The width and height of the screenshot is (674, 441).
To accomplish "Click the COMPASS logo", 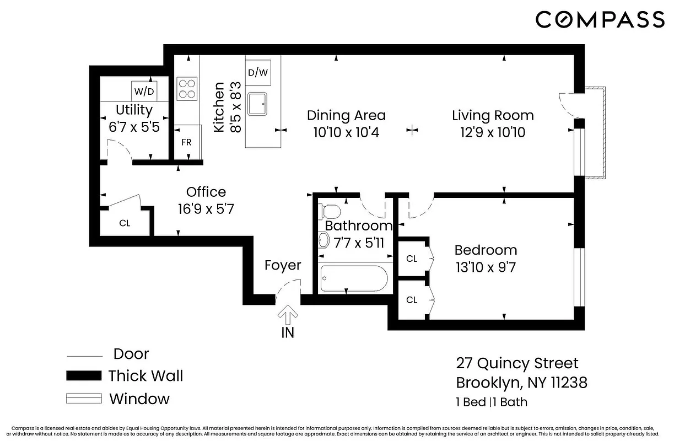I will (600, 20).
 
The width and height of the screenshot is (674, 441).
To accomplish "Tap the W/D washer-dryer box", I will (144, 90).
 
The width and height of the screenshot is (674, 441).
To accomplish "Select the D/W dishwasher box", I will (258, 72).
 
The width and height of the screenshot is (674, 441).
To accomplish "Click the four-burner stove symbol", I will (187, 88).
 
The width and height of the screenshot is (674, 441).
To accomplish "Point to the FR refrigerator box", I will (186, 142).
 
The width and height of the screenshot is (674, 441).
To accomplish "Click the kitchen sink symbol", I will (257, 103).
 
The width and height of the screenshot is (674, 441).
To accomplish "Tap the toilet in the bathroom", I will (331, 211).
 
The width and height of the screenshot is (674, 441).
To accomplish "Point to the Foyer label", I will (283, 265).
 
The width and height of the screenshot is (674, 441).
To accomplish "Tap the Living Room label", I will (493, 115).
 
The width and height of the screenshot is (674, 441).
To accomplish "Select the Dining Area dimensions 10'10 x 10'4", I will (346, 132).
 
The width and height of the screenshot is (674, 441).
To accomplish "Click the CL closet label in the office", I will (125, 223).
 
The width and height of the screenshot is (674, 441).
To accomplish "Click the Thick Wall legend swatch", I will (84, 376).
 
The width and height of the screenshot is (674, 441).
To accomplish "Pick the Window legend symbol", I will (84, 399).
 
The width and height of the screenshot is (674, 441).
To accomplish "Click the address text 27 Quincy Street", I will (517, 363).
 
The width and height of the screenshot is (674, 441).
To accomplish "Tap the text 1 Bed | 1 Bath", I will (492, 402).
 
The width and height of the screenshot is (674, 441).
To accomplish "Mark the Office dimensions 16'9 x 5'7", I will (206, 209).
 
